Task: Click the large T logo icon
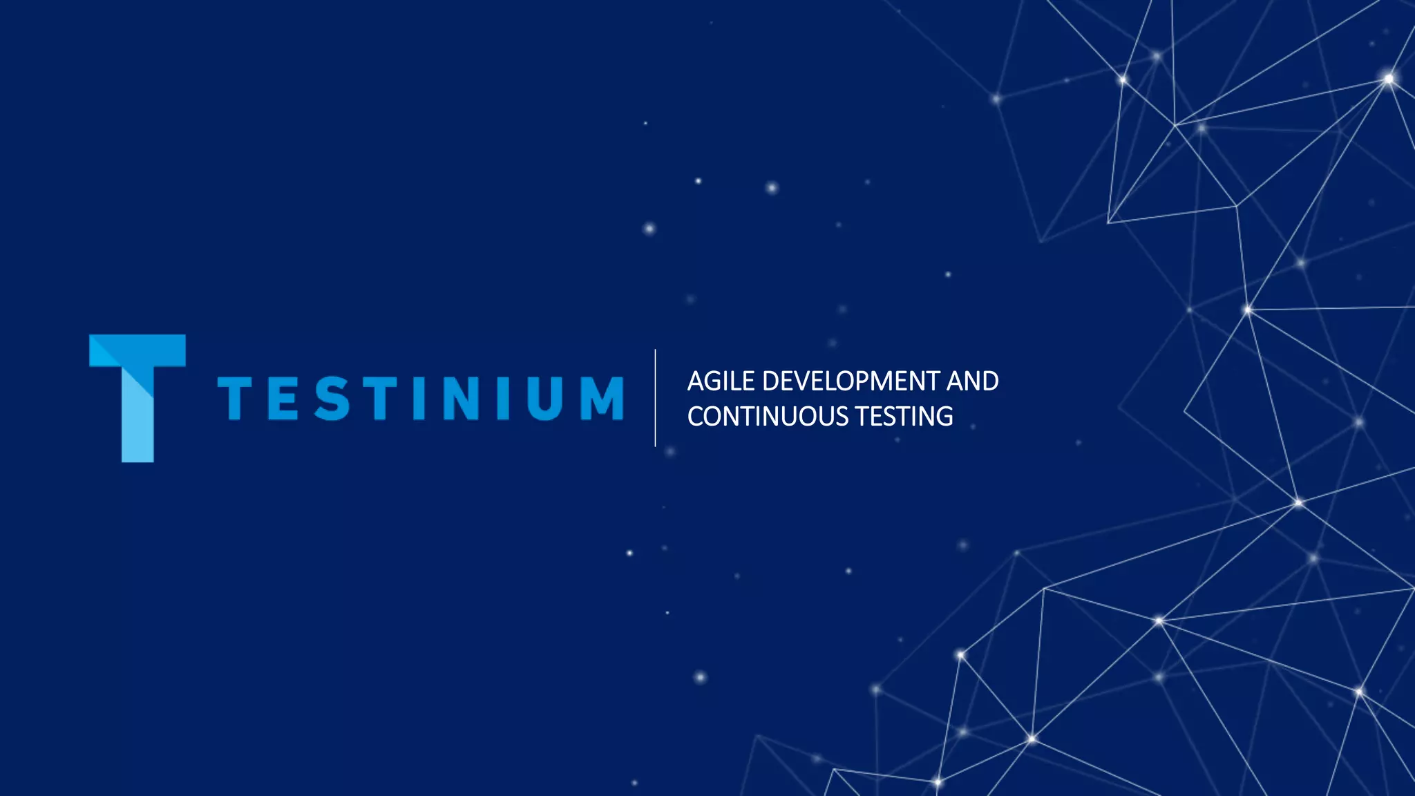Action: coord(137,397)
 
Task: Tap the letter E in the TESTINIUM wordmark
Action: coord(283,398)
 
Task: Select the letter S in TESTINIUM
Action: coord(332,398)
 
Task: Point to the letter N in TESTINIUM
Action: coord(462,398)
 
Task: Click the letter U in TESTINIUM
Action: coord(545,398)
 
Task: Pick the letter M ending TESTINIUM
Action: coord(602,398)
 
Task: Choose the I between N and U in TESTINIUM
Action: coord(503,398)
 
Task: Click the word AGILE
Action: coord(721,381)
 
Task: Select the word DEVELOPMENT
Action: coord(851,381)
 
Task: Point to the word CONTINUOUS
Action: coord(768,417)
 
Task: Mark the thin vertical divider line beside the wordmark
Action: coord(655,398)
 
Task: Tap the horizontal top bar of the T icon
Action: coord(137,350)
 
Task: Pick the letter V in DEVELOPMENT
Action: coord(805,381)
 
